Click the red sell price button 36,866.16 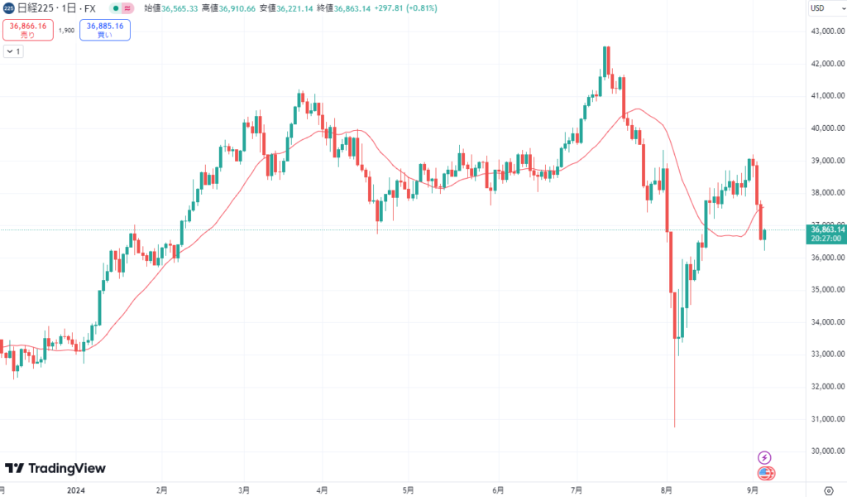coord(29,30)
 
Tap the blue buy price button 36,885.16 coord(104,30)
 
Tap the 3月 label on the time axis coord(244,490)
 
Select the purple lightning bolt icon coord(765,457)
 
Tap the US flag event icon coord(766,473)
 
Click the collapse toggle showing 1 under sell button coord(13,51)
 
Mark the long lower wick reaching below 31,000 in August coord(675,389)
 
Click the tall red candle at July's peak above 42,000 coord(607,61)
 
